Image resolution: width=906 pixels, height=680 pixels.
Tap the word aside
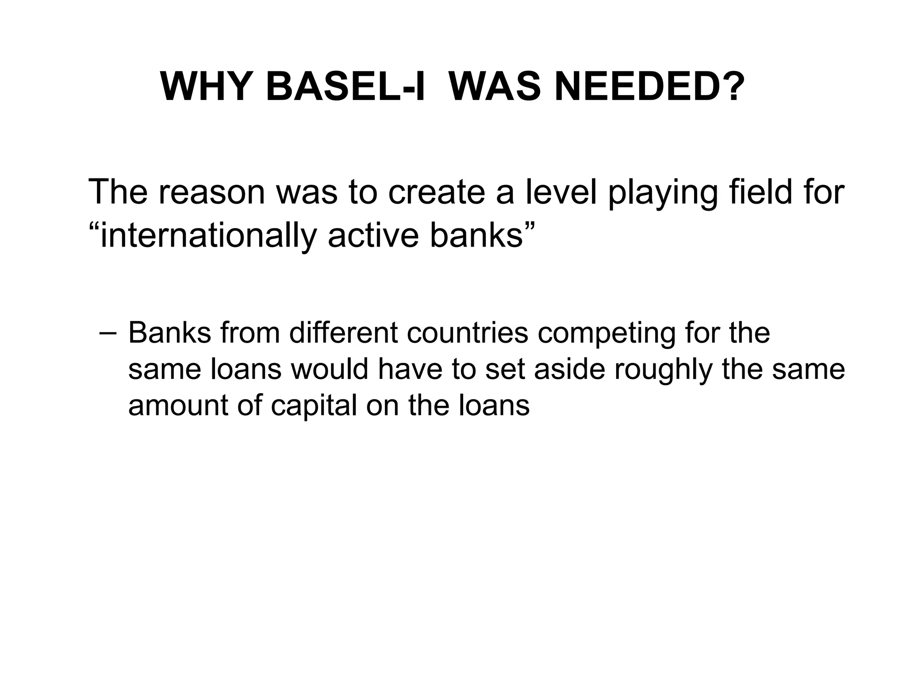click(x=569, y=369)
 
